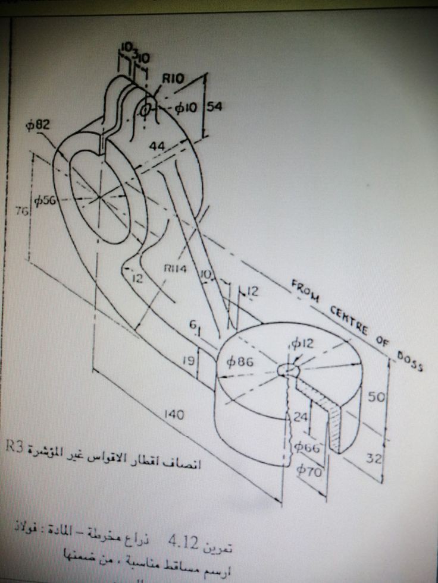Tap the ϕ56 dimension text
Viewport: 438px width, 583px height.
(x=45, y=201)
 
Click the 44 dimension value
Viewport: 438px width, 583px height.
(x=157, y=146)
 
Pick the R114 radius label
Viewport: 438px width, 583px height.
(x=175, y=269)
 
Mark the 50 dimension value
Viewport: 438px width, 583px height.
(x=374, y=396)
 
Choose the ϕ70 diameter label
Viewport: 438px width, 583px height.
(x=311, y=471)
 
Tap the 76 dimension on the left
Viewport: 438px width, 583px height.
(x=20, y=212)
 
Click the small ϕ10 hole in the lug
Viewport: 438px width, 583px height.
(x=145, y=110)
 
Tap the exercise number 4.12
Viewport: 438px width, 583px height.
(x=182, y=541)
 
